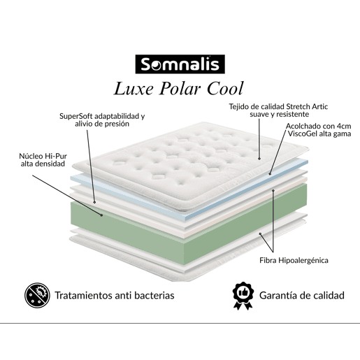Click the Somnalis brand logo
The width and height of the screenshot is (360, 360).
[x=180, y=64]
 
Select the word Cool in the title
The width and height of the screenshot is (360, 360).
[x=225, y=89]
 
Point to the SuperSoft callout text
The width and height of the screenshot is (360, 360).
[x=102, y=120]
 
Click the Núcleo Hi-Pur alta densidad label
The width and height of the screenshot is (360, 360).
[x=43, y=160]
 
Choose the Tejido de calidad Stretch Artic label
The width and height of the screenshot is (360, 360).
[x=278, y=110]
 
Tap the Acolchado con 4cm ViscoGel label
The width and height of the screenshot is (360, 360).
[x=318, y=130]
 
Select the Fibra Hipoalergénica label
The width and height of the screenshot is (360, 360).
[x=294, y=260]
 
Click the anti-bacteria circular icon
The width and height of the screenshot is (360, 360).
[x=37, y=295]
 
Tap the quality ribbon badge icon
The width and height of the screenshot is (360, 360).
[x=243, y=296]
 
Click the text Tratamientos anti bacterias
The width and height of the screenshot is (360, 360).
[x=115, y=296]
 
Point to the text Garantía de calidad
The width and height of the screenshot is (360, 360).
[x=302, y=296]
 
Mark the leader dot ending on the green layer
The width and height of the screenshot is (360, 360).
[x=102, y=215]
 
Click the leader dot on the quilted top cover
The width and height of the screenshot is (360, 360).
[x=259, y=159]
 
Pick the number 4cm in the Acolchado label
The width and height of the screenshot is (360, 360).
[x=344, y=126]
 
